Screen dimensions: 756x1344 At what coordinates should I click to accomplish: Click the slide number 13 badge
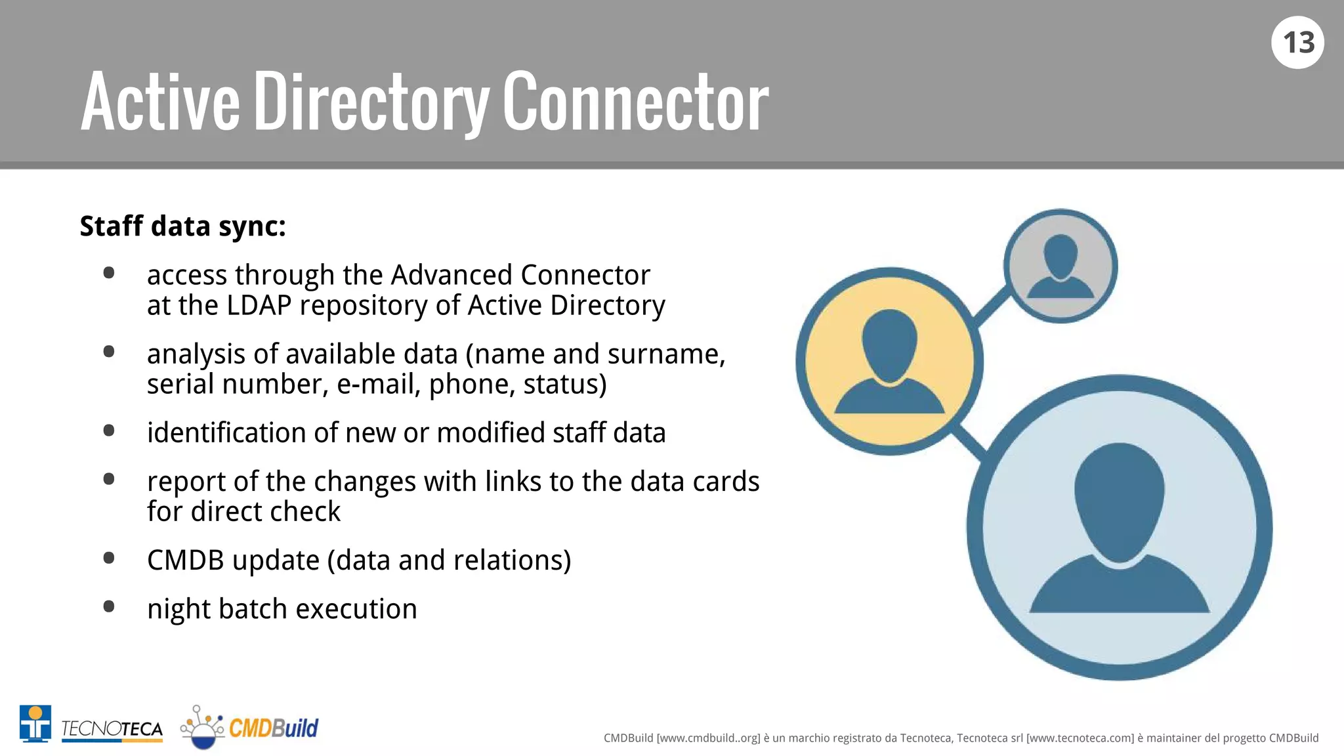[1297, 43]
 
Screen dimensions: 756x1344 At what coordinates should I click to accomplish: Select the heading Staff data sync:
[183, 226]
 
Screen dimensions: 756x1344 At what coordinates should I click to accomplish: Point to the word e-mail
[378, 385]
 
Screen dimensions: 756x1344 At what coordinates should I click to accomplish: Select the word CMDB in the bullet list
[185, 560]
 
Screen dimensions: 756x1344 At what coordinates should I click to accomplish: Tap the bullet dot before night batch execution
[109, 606]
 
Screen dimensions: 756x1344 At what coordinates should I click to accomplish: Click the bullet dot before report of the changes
[109, 479]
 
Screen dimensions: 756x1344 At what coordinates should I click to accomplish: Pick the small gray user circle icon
[1060, 266]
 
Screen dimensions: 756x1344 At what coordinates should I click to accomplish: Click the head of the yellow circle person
[889, 345]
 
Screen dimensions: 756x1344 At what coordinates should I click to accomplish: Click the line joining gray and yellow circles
[991, 305]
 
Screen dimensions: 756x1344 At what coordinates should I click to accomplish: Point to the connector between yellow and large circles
[970, 442]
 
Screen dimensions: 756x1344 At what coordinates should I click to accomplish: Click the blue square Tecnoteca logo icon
[35, 723]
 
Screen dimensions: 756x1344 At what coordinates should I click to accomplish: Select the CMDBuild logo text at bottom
[273, 728]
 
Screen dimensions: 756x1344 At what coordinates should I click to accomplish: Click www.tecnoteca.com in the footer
[1080, 738]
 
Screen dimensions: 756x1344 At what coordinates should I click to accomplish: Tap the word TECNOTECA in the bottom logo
[112, 729]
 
